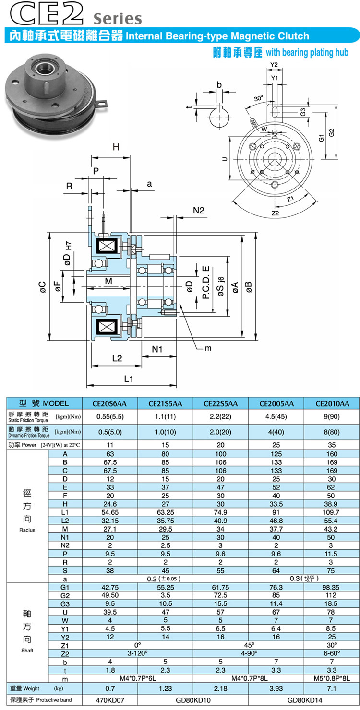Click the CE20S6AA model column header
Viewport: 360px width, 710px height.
111,403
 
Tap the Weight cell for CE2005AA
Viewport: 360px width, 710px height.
277,688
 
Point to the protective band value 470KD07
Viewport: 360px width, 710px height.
111,700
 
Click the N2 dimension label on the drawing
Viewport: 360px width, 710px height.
198,210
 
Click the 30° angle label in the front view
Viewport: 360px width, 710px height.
259,98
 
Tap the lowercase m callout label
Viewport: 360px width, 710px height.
208,348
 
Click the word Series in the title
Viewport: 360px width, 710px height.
118,18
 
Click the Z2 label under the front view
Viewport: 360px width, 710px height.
275,213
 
